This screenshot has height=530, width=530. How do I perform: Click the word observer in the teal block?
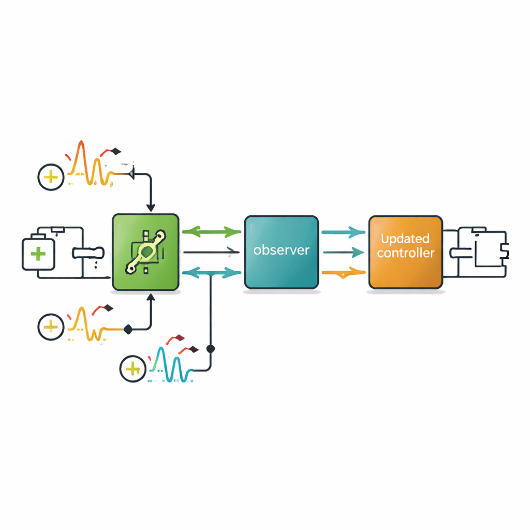point(282,251)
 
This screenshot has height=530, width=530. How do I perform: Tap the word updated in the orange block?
point(405,239)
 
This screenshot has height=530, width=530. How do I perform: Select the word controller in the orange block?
point(405,254)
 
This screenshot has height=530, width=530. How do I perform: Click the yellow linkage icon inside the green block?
point(146,252)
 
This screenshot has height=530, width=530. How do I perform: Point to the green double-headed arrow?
point(212,232)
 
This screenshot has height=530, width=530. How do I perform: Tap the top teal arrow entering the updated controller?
point(343,232)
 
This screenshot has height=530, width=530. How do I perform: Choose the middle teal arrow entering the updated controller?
point(343,253)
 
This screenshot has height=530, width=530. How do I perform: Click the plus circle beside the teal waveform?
point(133,369)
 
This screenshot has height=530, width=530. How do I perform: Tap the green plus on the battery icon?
point(38,254)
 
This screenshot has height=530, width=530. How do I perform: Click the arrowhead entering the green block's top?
point(151,208)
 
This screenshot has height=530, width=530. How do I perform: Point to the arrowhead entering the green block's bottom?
point(151,298)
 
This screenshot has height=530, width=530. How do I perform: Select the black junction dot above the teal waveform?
point(210,349)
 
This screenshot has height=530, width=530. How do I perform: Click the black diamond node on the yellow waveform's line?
point(128,328)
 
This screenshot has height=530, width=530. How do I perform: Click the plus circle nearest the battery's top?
point(51,178)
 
